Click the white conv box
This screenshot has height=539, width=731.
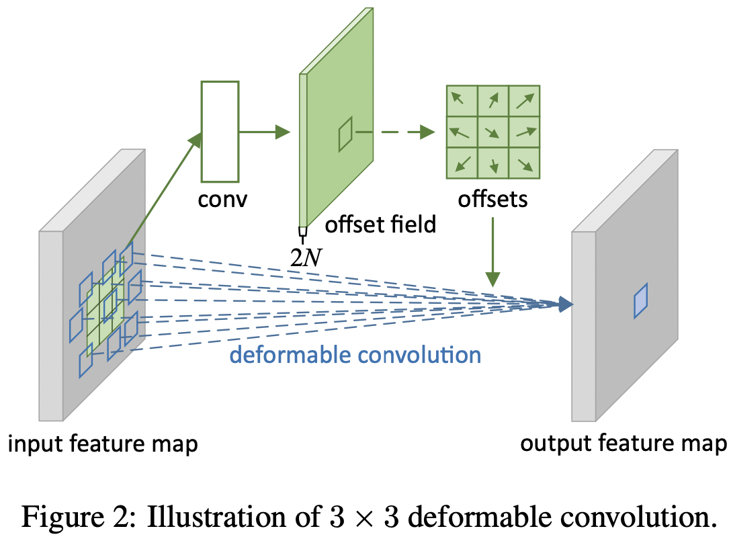point(220,131)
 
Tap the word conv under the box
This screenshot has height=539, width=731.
point(219,199)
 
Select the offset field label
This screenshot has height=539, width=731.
point(380,224)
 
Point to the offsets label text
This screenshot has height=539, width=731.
point(492,199)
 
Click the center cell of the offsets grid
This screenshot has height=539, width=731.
point(492,132)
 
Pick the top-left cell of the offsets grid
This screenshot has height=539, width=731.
point(462,101)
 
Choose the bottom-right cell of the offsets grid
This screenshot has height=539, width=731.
point(524,163)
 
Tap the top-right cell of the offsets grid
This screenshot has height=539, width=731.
point(524,101)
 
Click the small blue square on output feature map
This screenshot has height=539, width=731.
point(641,300)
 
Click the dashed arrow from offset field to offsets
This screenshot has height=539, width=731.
point(393,132)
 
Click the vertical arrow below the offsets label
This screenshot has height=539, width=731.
point(493,250)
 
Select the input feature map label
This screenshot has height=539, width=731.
point(102,444)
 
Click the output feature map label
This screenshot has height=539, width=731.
point(623,443)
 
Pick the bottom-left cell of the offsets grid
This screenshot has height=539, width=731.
point(462,163)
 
